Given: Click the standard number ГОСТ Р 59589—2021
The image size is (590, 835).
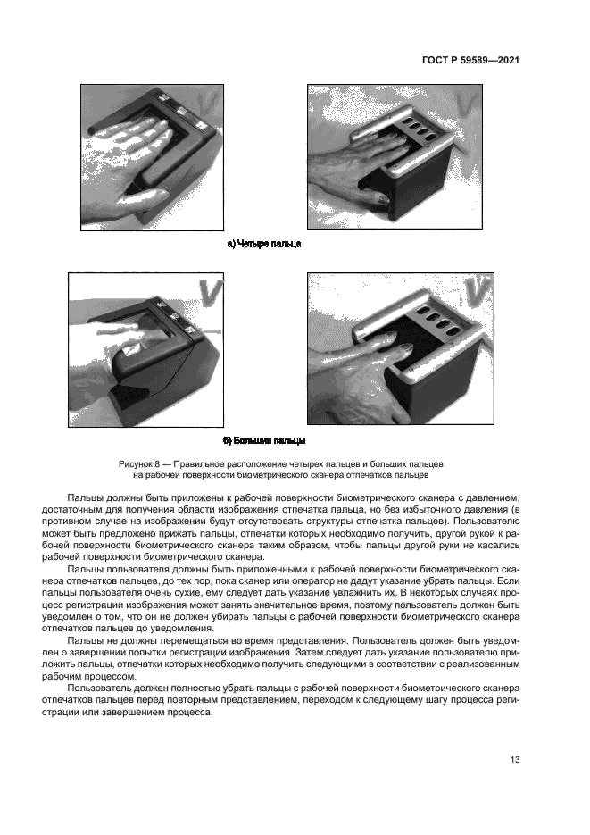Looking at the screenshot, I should point(470,60).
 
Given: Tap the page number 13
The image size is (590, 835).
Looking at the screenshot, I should point(515,760).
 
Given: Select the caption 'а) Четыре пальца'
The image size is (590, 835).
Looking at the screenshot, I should point(265,244).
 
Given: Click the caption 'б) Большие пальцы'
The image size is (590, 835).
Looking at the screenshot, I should point(264,441).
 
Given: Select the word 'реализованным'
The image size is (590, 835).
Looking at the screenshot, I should point(478,664).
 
